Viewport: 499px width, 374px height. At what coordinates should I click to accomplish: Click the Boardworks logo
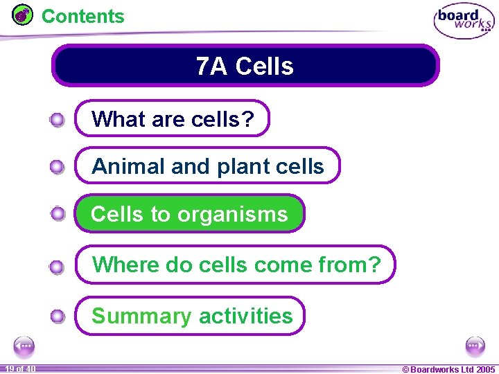click(x=464, y=21)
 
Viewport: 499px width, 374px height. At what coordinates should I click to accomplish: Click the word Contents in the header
click(x=83, y=16)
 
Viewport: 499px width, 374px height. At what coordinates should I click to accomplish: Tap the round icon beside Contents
click(x=23, y=15)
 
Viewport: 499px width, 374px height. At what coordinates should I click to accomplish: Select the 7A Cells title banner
click(x=245, y=66)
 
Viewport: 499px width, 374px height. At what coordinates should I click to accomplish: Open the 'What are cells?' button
click(x=172, y=119)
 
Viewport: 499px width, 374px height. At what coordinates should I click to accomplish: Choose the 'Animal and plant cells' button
click(x=207, y=166)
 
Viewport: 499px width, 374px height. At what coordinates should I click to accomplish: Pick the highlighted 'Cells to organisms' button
click(x=189, y=214)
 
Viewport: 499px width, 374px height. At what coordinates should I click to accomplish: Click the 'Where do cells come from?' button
click(x=236, y=265)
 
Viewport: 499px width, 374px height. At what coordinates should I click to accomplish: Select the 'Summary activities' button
click(x=191, y=316)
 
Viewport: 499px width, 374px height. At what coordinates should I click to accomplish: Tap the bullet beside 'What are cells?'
click(x=58, y=121)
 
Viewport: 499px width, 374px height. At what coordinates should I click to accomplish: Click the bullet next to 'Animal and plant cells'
click(x=58, y=167)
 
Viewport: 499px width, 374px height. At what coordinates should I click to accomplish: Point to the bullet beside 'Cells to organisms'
click(x=58, y=214)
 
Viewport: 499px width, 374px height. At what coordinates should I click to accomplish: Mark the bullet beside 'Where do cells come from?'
click(x=58, y=267)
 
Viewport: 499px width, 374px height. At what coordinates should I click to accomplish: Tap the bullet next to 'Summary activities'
click(x=58, y=317)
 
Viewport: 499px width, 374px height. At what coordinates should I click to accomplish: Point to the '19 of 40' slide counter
click(x=20, y=369)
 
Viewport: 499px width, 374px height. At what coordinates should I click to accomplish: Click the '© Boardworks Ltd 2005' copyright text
click(x=449, y=369)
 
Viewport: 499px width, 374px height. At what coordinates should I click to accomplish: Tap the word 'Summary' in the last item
click(x=141, y=316)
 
